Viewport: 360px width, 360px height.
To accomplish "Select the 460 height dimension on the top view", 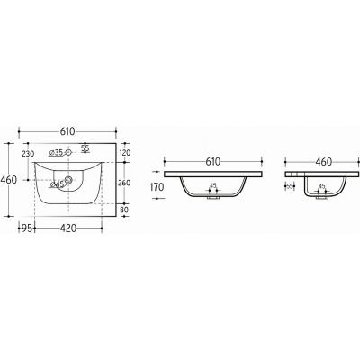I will (x=8, y=179).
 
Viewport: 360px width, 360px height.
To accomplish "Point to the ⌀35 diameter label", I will (x=58, y=154).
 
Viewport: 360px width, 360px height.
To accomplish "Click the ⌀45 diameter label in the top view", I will (x=58, y=184).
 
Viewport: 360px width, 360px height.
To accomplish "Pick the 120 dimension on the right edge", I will (x=125, y=154).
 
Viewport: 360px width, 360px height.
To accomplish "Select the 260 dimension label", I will (x=125, y=182).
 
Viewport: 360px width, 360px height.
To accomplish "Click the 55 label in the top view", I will (x=85, y=147).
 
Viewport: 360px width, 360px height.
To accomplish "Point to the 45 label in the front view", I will (x=213, y=186).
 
